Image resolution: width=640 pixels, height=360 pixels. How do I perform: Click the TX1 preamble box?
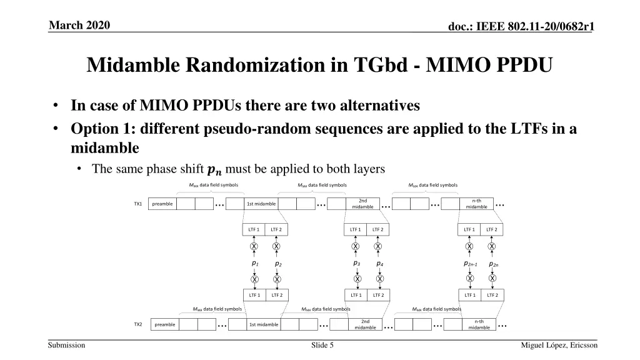click(162, 204)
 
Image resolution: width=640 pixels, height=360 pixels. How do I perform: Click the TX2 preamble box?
click(165, 324)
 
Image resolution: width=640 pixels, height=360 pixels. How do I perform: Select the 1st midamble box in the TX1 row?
click(261, 204)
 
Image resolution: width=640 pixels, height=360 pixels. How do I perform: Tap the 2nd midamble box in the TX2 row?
click(365, 324)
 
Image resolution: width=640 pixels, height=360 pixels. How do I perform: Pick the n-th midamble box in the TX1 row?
click(476, 204)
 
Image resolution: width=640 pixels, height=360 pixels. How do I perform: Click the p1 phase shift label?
click(255, 264)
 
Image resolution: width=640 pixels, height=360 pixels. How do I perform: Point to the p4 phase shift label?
click(379, 264)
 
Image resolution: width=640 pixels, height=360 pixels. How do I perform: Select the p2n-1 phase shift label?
click(470, 264)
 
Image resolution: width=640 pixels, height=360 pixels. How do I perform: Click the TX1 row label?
click(138, 204)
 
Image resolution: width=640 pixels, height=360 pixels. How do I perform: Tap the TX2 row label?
click(138, 324)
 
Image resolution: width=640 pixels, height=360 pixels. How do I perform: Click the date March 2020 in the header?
click(79, 25)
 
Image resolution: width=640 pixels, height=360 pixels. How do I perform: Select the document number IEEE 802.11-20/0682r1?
click(535, 26)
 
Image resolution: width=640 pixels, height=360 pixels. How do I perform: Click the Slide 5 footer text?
click(322, 345)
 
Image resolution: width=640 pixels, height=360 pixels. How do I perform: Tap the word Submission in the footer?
click(66, 345)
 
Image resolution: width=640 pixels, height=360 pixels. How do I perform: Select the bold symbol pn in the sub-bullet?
click(214, 169)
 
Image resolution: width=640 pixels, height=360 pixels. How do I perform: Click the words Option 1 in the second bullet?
click(100, 129)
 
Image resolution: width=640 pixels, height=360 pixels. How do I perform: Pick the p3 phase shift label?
click(357, 264)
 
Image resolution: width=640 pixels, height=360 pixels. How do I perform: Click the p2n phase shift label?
click(494, 264)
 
